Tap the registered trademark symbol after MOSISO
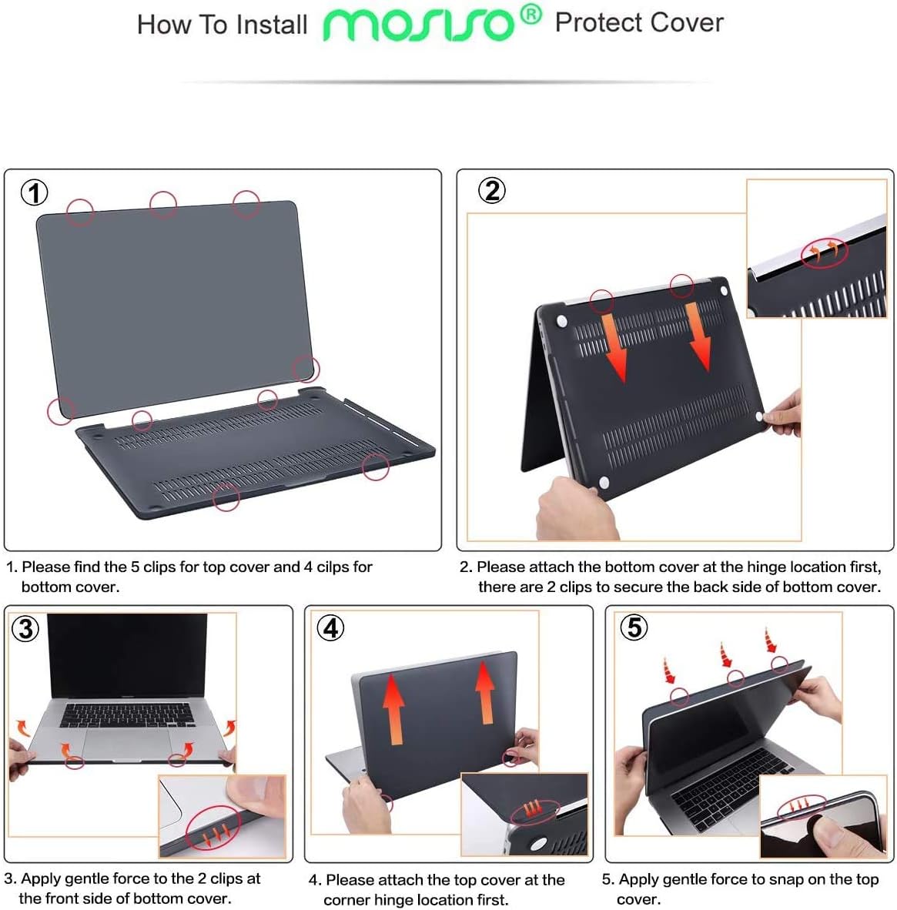click(x=531, y=15)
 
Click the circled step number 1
click(x=34, y=192)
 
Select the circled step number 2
click(x=492, y=190)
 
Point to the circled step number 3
click(x=25, y=629)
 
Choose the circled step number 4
click(x=331, y=628)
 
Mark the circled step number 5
click(x=634, y=627)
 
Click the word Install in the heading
click(x=272, y=25)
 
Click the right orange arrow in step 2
click(x=698, y=335)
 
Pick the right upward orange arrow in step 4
click(x=485, y=693)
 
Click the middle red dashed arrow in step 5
click(x=725, y=655)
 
